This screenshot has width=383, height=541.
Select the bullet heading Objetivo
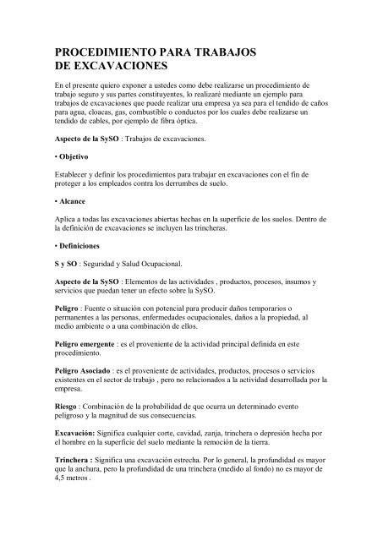[75, 157]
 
